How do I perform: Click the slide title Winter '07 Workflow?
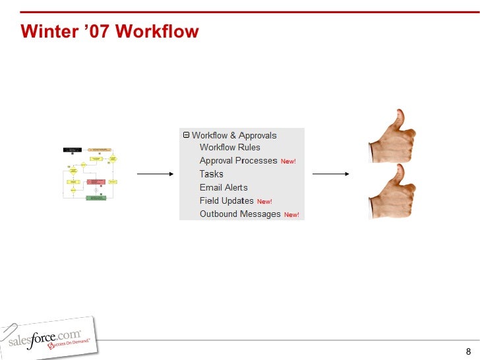(109, 32)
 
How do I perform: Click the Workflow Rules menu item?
(229, 148)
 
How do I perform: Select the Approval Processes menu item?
(238, 161)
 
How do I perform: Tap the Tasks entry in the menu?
(211, 174)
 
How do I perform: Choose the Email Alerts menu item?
(224, 187)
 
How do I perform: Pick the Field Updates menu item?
(226, 200)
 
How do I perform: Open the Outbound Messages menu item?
(240, 214)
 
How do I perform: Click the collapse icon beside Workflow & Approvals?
(186, 135)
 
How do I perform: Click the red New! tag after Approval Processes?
(288, 162)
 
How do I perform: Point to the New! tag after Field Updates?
(264, 202)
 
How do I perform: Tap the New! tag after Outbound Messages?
(291, 215)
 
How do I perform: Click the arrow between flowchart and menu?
(154, 175)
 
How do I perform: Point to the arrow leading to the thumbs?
(330, 175)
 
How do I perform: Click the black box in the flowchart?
(72, 150)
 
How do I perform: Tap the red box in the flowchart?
(96, 181)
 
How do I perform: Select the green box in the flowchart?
(96, 197)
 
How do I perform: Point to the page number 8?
(467, 351)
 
